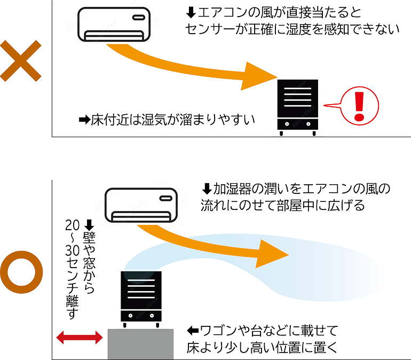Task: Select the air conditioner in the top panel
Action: [x=113, y=25]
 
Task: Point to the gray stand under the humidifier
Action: [x=139, y=344]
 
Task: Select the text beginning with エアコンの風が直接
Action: [x=291, y=21]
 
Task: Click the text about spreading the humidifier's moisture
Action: [x=296, y=197]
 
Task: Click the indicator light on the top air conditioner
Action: [x=137, y=17]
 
